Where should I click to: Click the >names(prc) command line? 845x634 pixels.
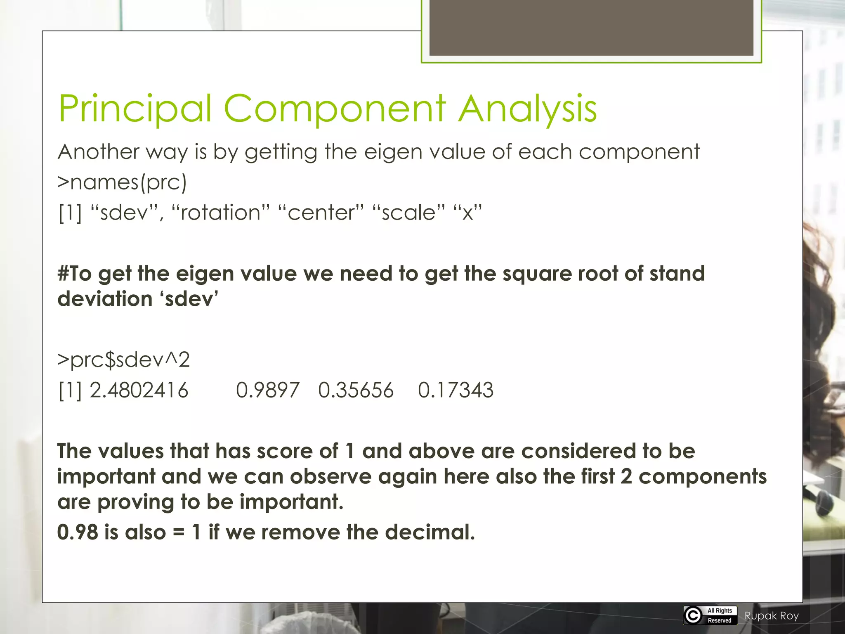(122, 182)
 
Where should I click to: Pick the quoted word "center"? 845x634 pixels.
(321, 213)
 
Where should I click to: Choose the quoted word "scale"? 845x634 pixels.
(409, 213)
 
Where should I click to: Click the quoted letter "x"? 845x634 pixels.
(467, 213)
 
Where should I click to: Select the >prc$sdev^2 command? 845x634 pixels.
(123, 360)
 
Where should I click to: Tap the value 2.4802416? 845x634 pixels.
(139, 390)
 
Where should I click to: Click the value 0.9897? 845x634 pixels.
(267, 390)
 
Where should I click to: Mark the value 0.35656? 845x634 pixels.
(356, 390)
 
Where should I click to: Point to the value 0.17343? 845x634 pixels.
(456, 390)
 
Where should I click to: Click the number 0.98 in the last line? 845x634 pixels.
(78, 532)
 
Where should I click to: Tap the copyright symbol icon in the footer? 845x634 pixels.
(693, 615)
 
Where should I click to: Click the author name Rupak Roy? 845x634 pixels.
(772, 616)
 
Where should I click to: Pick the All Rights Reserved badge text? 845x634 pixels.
(720, 615)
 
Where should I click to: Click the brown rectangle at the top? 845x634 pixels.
(591, 28)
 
